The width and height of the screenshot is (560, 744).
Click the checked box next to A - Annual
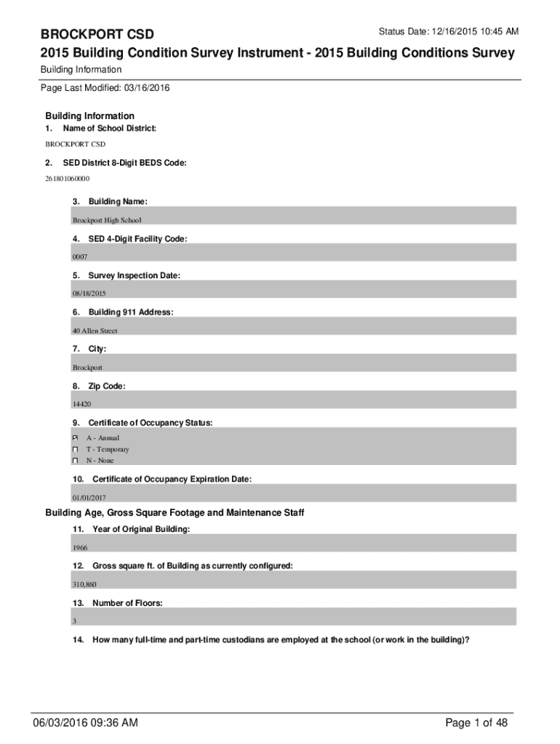coord(75,438)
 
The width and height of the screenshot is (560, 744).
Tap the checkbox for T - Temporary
coord(75,450)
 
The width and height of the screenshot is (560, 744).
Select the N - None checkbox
coord(75,461)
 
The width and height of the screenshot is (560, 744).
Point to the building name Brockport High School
coord(107,219)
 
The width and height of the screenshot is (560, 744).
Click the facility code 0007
coord(79,256)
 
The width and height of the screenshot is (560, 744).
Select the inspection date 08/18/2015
coord(89,293)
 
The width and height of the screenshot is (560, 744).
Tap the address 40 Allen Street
coord(95,331)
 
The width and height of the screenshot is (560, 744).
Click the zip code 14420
coord(81,404)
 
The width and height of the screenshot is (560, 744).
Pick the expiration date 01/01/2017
coord(89,498)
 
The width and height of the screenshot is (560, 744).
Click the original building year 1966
coord(80,548)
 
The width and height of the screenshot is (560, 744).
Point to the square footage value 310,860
coord(84,584)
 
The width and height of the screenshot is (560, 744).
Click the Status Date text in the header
coord(448,32)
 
